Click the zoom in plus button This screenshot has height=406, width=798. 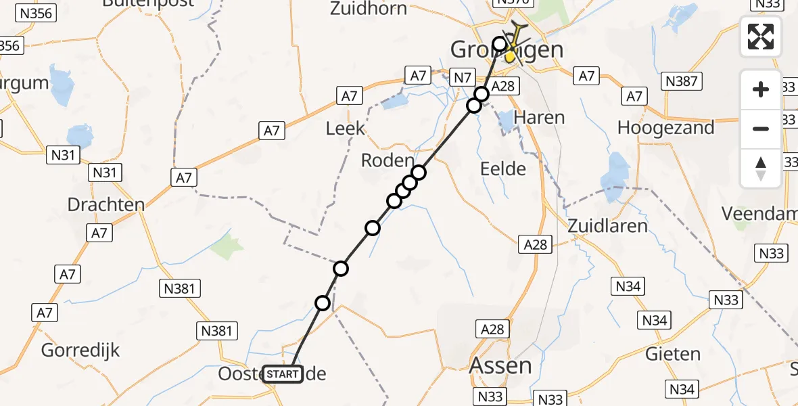[761, 89]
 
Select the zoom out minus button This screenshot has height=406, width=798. [761, 129]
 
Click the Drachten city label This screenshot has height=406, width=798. [106, 204]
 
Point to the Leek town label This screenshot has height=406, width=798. [345, 128]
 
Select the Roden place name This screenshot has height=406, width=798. [387, 160]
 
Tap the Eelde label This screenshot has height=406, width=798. [502, 168]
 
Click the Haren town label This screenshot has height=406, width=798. [539, 117]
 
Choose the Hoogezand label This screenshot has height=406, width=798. [665, 128]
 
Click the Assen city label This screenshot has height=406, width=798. [500, 366]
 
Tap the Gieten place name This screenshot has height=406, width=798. [673, 353]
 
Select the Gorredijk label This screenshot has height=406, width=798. [80, 350]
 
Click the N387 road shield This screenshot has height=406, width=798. [683, 82]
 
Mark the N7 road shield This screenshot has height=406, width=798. [461, 78]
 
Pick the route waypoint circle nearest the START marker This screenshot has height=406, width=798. [323, 302]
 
